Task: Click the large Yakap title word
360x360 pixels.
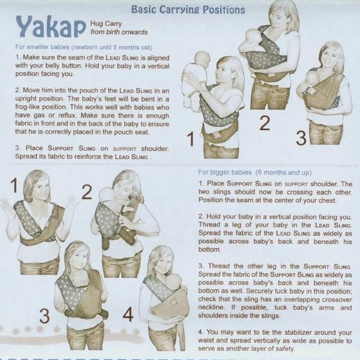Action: click(x=50, y=28)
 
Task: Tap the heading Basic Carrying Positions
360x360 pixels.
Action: click(x=188, y=10)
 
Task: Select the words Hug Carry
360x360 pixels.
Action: click(x=106, y=24)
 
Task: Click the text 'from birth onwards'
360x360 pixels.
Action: click(x=119, y=32)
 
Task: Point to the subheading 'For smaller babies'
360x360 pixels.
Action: click(x=43, y=47)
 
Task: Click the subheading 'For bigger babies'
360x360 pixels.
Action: click(x=225, y=172)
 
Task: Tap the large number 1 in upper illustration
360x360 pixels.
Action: click(x=191, y=139)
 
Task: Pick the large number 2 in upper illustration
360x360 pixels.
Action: click(x=265, y=123)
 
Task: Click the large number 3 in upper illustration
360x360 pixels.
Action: click(x=301, y=138)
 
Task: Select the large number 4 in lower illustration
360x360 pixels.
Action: click(x=128, y=314)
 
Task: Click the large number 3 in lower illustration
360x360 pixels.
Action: click(x=44, y=316)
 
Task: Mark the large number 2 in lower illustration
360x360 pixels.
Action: click(x=87, y=192)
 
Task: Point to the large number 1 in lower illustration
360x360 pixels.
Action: click(x=14, y=185)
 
